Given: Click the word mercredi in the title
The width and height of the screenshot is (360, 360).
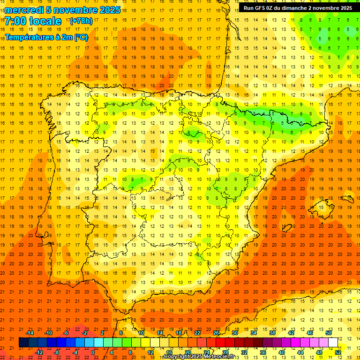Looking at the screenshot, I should click(24, 10).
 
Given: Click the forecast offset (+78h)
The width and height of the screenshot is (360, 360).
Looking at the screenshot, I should click(81, 21).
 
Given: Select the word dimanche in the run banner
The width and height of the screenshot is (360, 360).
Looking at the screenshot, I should click(292, 8).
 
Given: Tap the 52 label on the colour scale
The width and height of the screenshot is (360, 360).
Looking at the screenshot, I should click(338, 352).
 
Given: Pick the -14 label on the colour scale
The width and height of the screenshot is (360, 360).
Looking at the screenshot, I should click(30, 332).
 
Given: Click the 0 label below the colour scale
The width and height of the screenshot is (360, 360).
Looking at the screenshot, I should click(92, 352).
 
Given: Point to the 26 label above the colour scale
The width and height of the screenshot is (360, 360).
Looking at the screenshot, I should click(216, 332).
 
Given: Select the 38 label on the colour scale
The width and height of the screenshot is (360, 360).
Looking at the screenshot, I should click(272, 332).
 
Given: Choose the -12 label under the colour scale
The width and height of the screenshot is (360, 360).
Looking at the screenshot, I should click(39, 352).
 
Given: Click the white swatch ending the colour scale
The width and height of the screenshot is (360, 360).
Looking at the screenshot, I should click(333, 342).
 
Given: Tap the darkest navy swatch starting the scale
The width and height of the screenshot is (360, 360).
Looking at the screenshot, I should click(23, 342).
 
